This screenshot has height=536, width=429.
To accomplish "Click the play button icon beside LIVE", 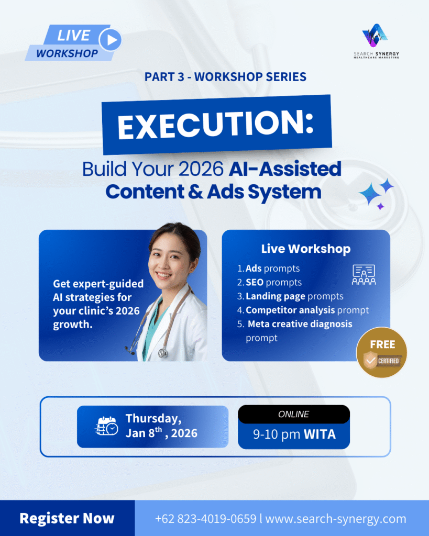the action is click(110, 40).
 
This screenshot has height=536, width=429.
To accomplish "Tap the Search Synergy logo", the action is click(376, 41).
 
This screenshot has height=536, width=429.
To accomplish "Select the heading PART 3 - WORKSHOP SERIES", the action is click(225, 77).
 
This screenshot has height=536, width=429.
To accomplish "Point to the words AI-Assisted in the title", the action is click(285, 169).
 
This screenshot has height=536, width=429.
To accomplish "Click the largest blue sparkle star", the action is click(370, 194).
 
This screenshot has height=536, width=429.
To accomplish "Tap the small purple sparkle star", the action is click(380, 206).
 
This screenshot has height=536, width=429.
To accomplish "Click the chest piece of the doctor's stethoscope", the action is click(163, 352).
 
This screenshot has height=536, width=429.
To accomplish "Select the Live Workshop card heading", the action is click(306, 249).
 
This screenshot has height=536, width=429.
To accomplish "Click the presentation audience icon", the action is click(364, 275).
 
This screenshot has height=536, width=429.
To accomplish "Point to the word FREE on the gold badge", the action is click(382, 344).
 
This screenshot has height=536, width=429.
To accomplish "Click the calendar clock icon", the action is click(106, 426).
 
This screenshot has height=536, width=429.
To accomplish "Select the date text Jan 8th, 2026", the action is click(161, 433).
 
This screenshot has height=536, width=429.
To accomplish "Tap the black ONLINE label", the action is click(294, 415).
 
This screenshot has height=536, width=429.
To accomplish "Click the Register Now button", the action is click(67, 518).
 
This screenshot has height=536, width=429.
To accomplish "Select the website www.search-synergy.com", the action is click(336, 519).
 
